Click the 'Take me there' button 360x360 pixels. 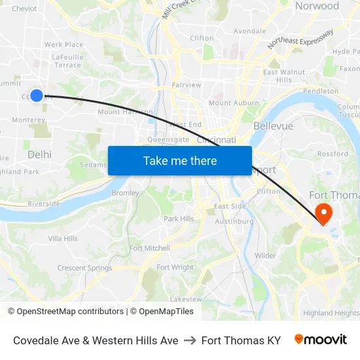coord(179,160)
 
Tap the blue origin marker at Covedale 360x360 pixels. coord(37,96)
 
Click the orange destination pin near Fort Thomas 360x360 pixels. coord(323,213)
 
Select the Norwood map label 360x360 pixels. coord(317,7)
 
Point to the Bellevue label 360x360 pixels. coord(273,125)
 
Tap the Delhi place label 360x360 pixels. coord(39,154)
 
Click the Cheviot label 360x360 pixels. coord(24,9)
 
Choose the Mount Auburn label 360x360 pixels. coord(234,103)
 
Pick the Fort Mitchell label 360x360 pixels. coord(149,248)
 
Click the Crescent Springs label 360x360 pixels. coord(84,268)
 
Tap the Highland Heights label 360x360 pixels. coord(331,313)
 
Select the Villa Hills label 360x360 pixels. coord(63,238)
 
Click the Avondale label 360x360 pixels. coord(249,31)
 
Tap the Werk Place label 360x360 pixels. coord(63,45)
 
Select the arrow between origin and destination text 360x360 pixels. coord(190,340)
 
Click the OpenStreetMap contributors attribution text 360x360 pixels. coord(65,312)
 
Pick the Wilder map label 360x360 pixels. coord(265,255)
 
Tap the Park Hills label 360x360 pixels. coord(179,219)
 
